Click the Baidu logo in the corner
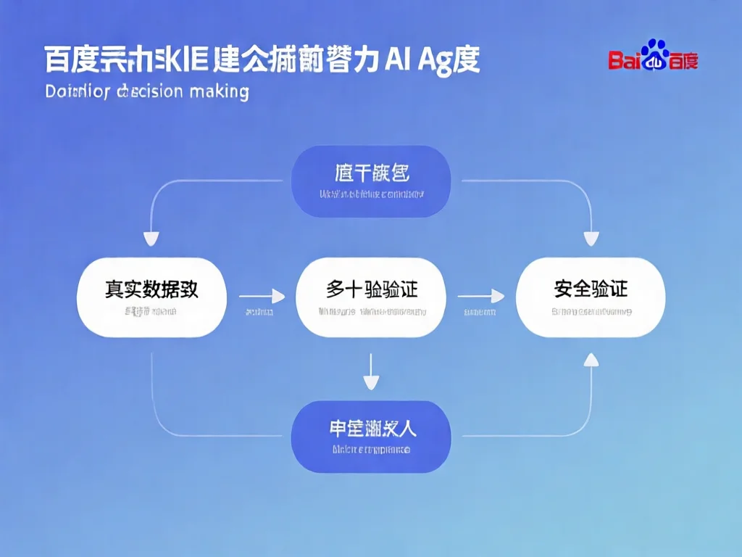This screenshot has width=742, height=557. tap(653, 56)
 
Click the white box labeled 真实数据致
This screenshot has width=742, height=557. tap(151, 297)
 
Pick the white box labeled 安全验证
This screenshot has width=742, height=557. tap(591, 297)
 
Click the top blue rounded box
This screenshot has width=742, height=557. tap(371, 181)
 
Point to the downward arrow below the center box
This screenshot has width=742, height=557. tap(371, 373)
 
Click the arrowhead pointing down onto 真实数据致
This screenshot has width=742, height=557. tap(151, 239)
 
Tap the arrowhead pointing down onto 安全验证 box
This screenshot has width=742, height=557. tap(591, 239)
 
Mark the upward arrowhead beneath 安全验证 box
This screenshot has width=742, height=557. tap(591, 358)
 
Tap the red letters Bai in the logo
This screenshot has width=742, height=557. tap(624, 59)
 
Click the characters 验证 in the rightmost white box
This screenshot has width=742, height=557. tap(609, 289)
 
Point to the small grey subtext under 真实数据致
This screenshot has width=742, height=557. tap(150, 312)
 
